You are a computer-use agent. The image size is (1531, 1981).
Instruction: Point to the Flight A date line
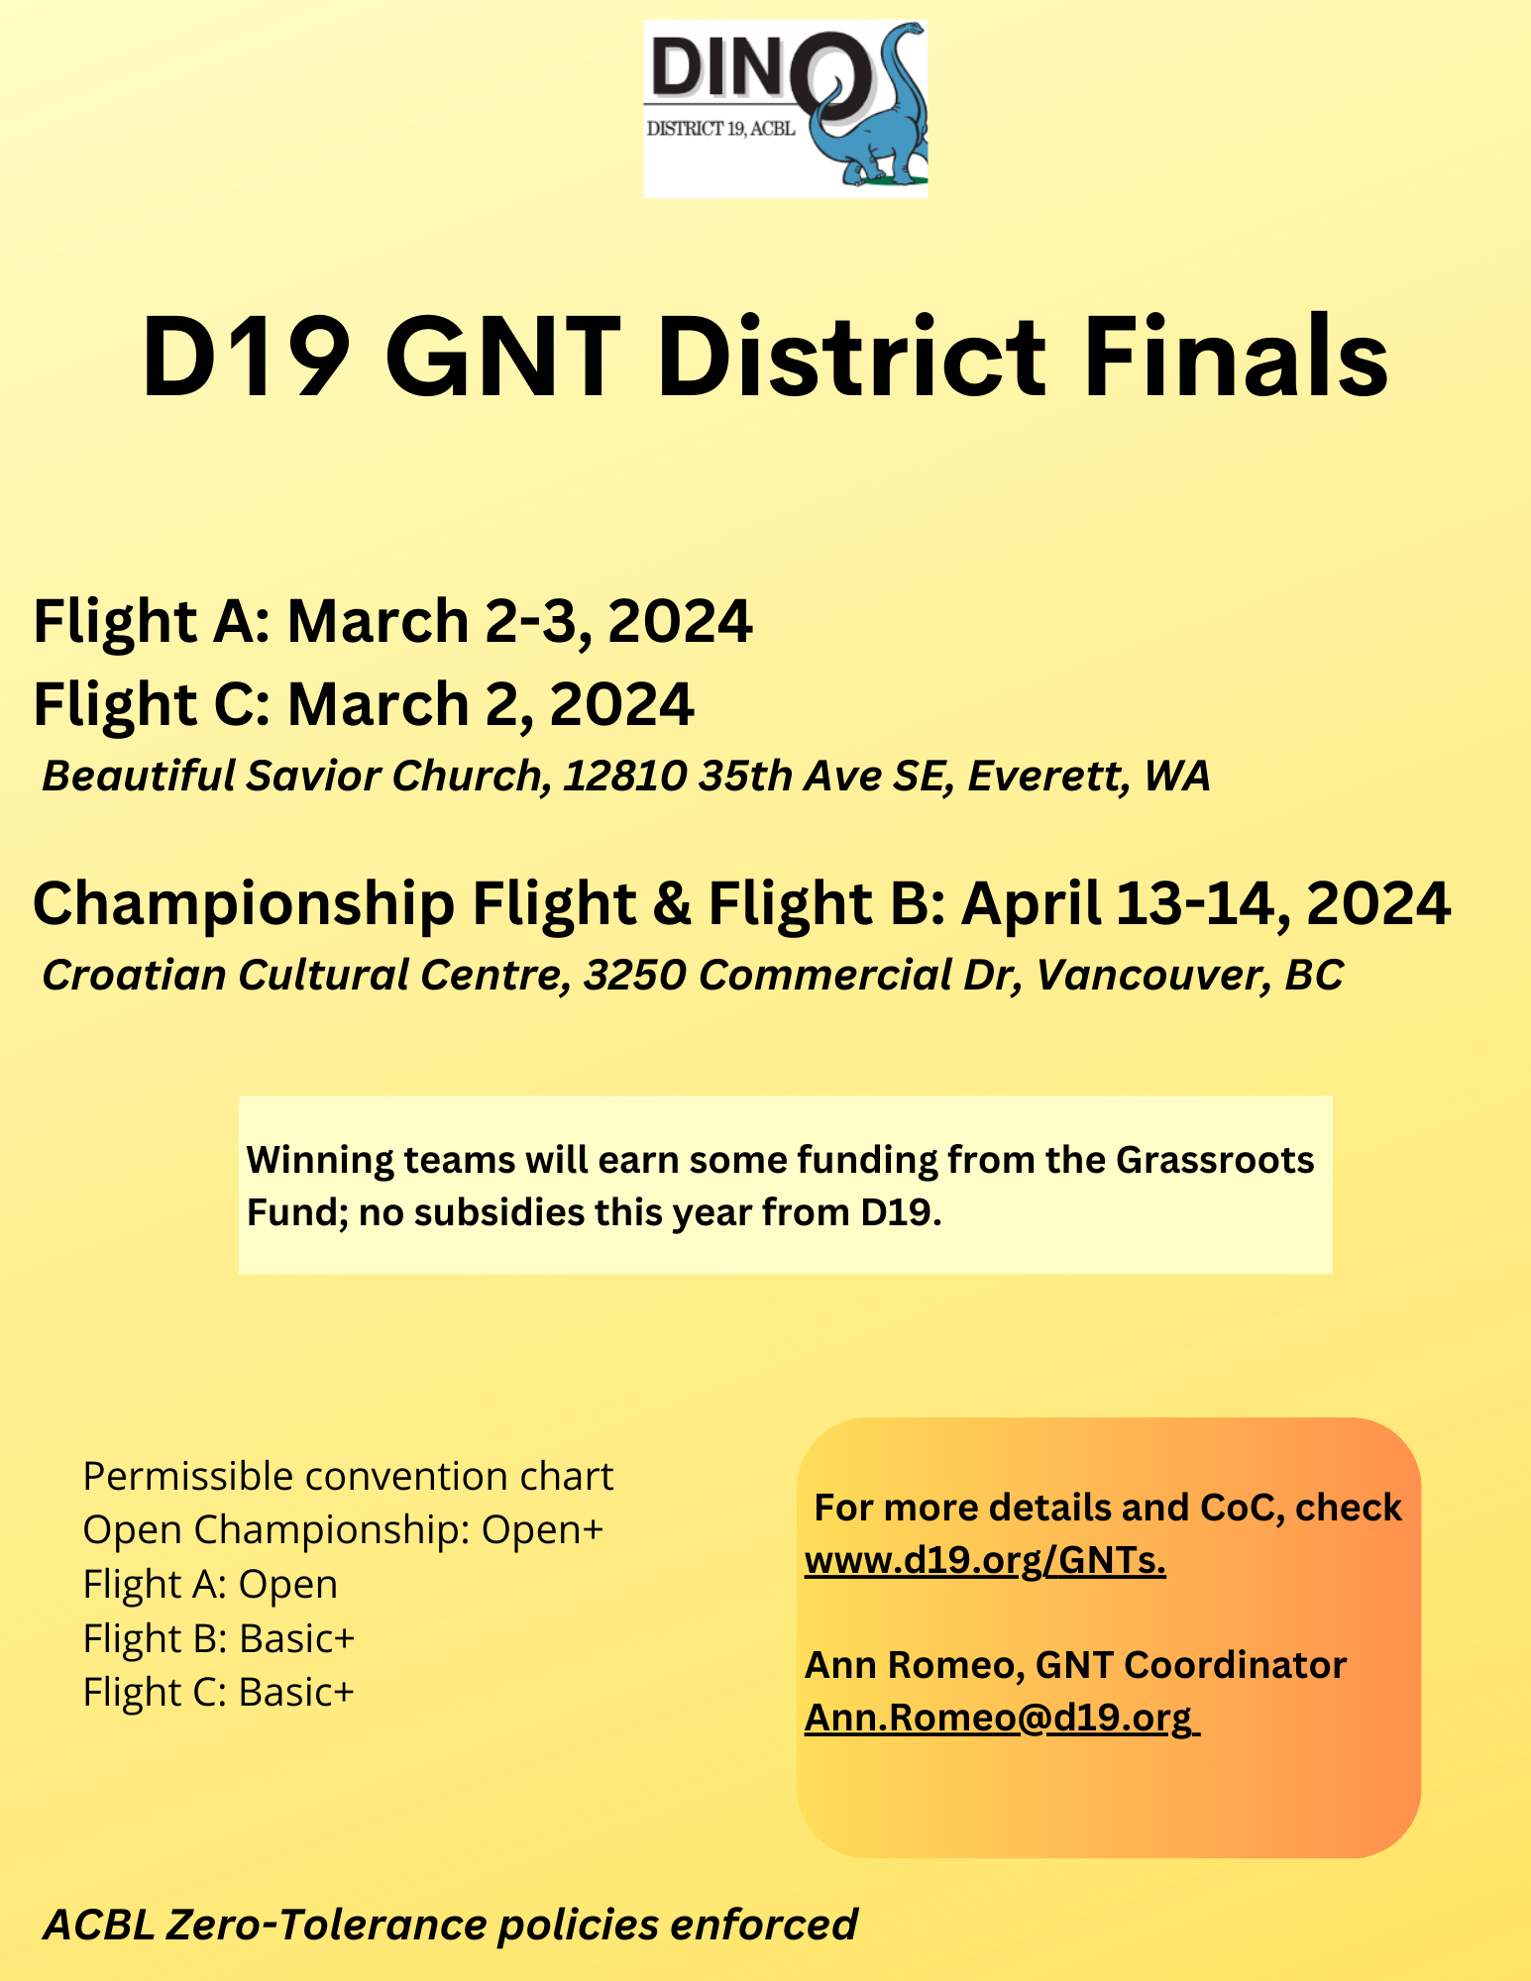click(393, 622)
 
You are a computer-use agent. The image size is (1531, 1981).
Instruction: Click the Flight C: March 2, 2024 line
click(364, 704)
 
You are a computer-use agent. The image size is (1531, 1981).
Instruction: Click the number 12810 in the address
click(625, 777)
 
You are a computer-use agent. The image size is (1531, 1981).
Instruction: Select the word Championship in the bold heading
click(244, 904)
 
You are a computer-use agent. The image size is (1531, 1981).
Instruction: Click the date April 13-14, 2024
click(1207, 904)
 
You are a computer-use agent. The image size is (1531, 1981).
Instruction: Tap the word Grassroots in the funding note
click(1215, 1160)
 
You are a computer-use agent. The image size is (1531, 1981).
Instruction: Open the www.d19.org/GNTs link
click(985, 1560)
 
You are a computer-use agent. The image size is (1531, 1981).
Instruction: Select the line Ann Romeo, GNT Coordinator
click(1075, 1665)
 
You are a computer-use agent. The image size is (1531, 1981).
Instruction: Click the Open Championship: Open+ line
click(343, 1530)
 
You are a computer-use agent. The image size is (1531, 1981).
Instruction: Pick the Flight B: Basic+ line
click(219, 1638)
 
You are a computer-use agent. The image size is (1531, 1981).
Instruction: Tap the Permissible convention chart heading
click(348, 1477)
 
